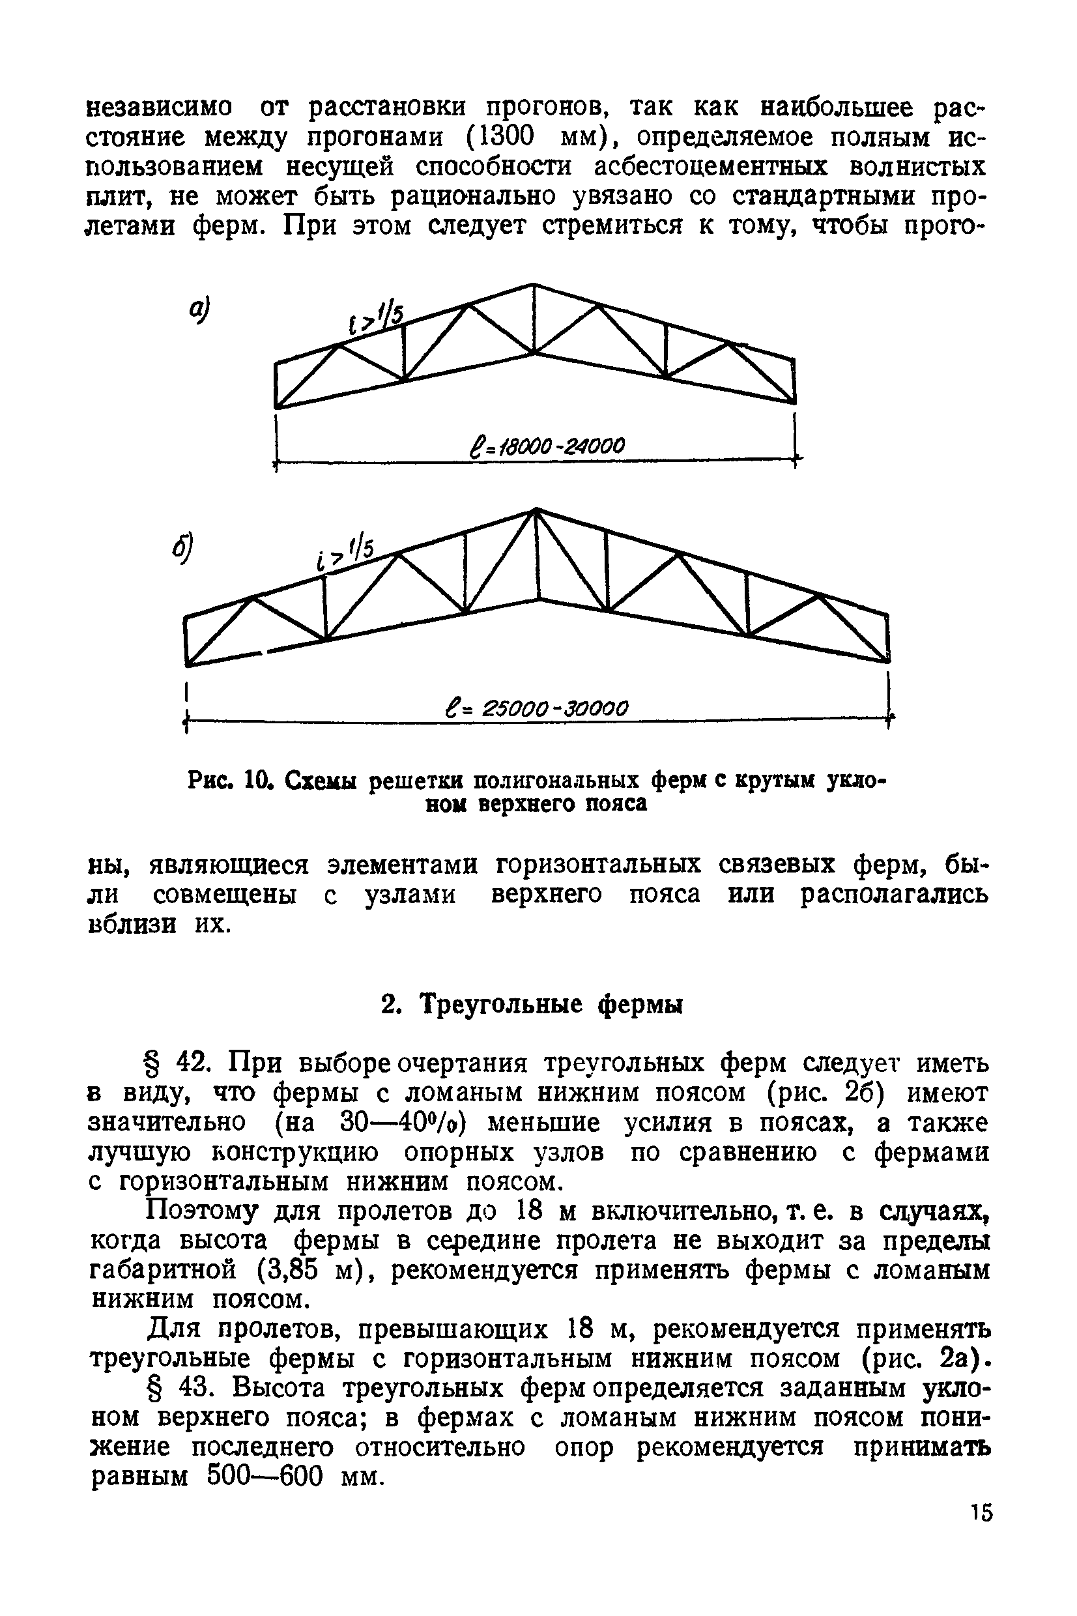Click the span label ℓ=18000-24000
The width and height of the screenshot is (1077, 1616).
(x=546, y=447)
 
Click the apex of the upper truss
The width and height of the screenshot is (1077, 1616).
(x=534, y=284)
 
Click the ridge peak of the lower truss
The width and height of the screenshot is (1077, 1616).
(x=536, y=510)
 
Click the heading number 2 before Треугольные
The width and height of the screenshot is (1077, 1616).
(x=389, y=1005)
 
